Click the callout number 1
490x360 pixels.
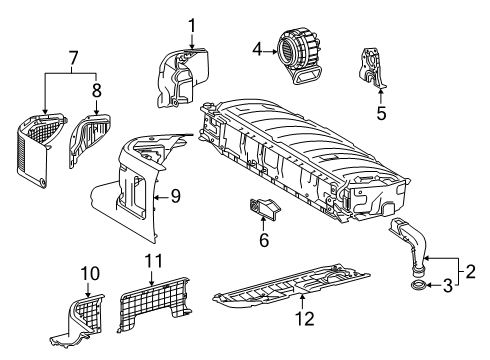(192, 23)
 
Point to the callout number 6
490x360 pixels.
(264, 241)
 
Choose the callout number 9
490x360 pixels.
(174, 197)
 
